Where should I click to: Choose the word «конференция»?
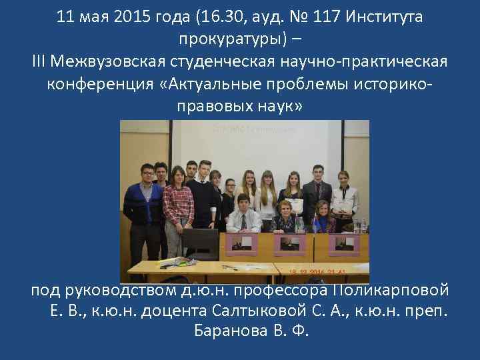click(101, 85)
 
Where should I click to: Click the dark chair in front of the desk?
click(200, 243)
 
